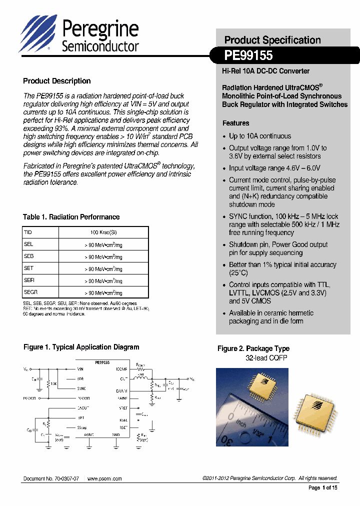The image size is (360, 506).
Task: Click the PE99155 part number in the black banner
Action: coord(248,56)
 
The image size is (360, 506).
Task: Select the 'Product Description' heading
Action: coord(56,81)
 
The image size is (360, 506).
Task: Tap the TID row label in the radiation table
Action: coord(28,232)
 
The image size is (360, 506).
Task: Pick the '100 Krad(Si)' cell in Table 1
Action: coord(103,232)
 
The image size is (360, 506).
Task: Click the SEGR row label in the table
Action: coord(31,292)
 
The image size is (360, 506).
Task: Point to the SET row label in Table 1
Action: coord(28,268)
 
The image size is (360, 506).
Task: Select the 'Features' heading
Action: coord(235,123)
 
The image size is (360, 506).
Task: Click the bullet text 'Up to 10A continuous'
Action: coord(259,136)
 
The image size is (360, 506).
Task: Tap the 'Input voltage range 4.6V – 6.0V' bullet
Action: coord(274,168)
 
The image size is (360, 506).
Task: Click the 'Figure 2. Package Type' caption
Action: coord(253,348)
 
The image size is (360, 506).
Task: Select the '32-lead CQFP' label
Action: coord(266,358)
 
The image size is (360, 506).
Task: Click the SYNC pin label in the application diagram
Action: coord(81,388)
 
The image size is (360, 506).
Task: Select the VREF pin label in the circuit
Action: coord(123,408)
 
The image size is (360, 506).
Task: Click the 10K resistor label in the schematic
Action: coord(53,384)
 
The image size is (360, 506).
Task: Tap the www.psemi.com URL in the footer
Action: coord(104,478)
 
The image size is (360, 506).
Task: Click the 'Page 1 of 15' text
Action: coord(322,487)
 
